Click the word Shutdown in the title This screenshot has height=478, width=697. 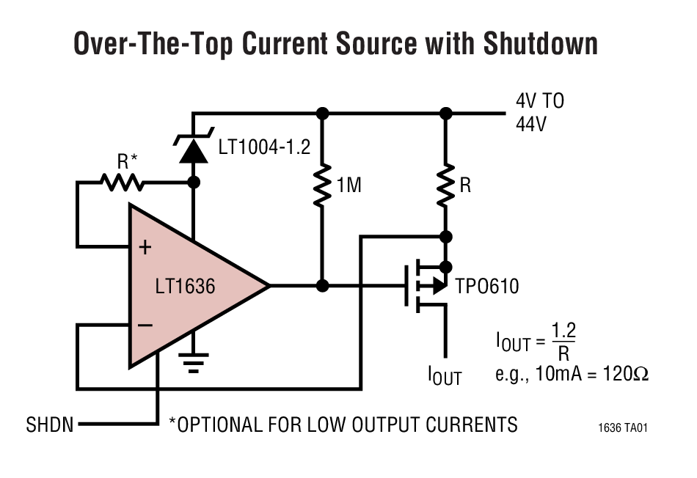[539, 44]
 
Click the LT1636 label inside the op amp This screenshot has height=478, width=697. [186, 286]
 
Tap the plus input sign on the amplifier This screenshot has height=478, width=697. [145, 247]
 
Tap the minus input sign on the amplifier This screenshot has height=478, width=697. [145, 325]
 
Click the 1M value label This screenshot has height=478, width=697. [348, 186]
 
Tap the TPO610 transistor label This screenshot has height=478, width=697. [488, 286]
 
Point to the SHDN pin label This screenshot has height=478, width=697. [50, 424]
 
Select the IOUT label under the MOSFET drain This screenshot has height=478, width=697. [445, 375]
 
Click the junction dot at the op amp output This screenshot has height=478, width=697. [321, 285]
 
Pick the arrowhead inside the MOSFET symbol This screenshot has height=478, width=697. [438, 285]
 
